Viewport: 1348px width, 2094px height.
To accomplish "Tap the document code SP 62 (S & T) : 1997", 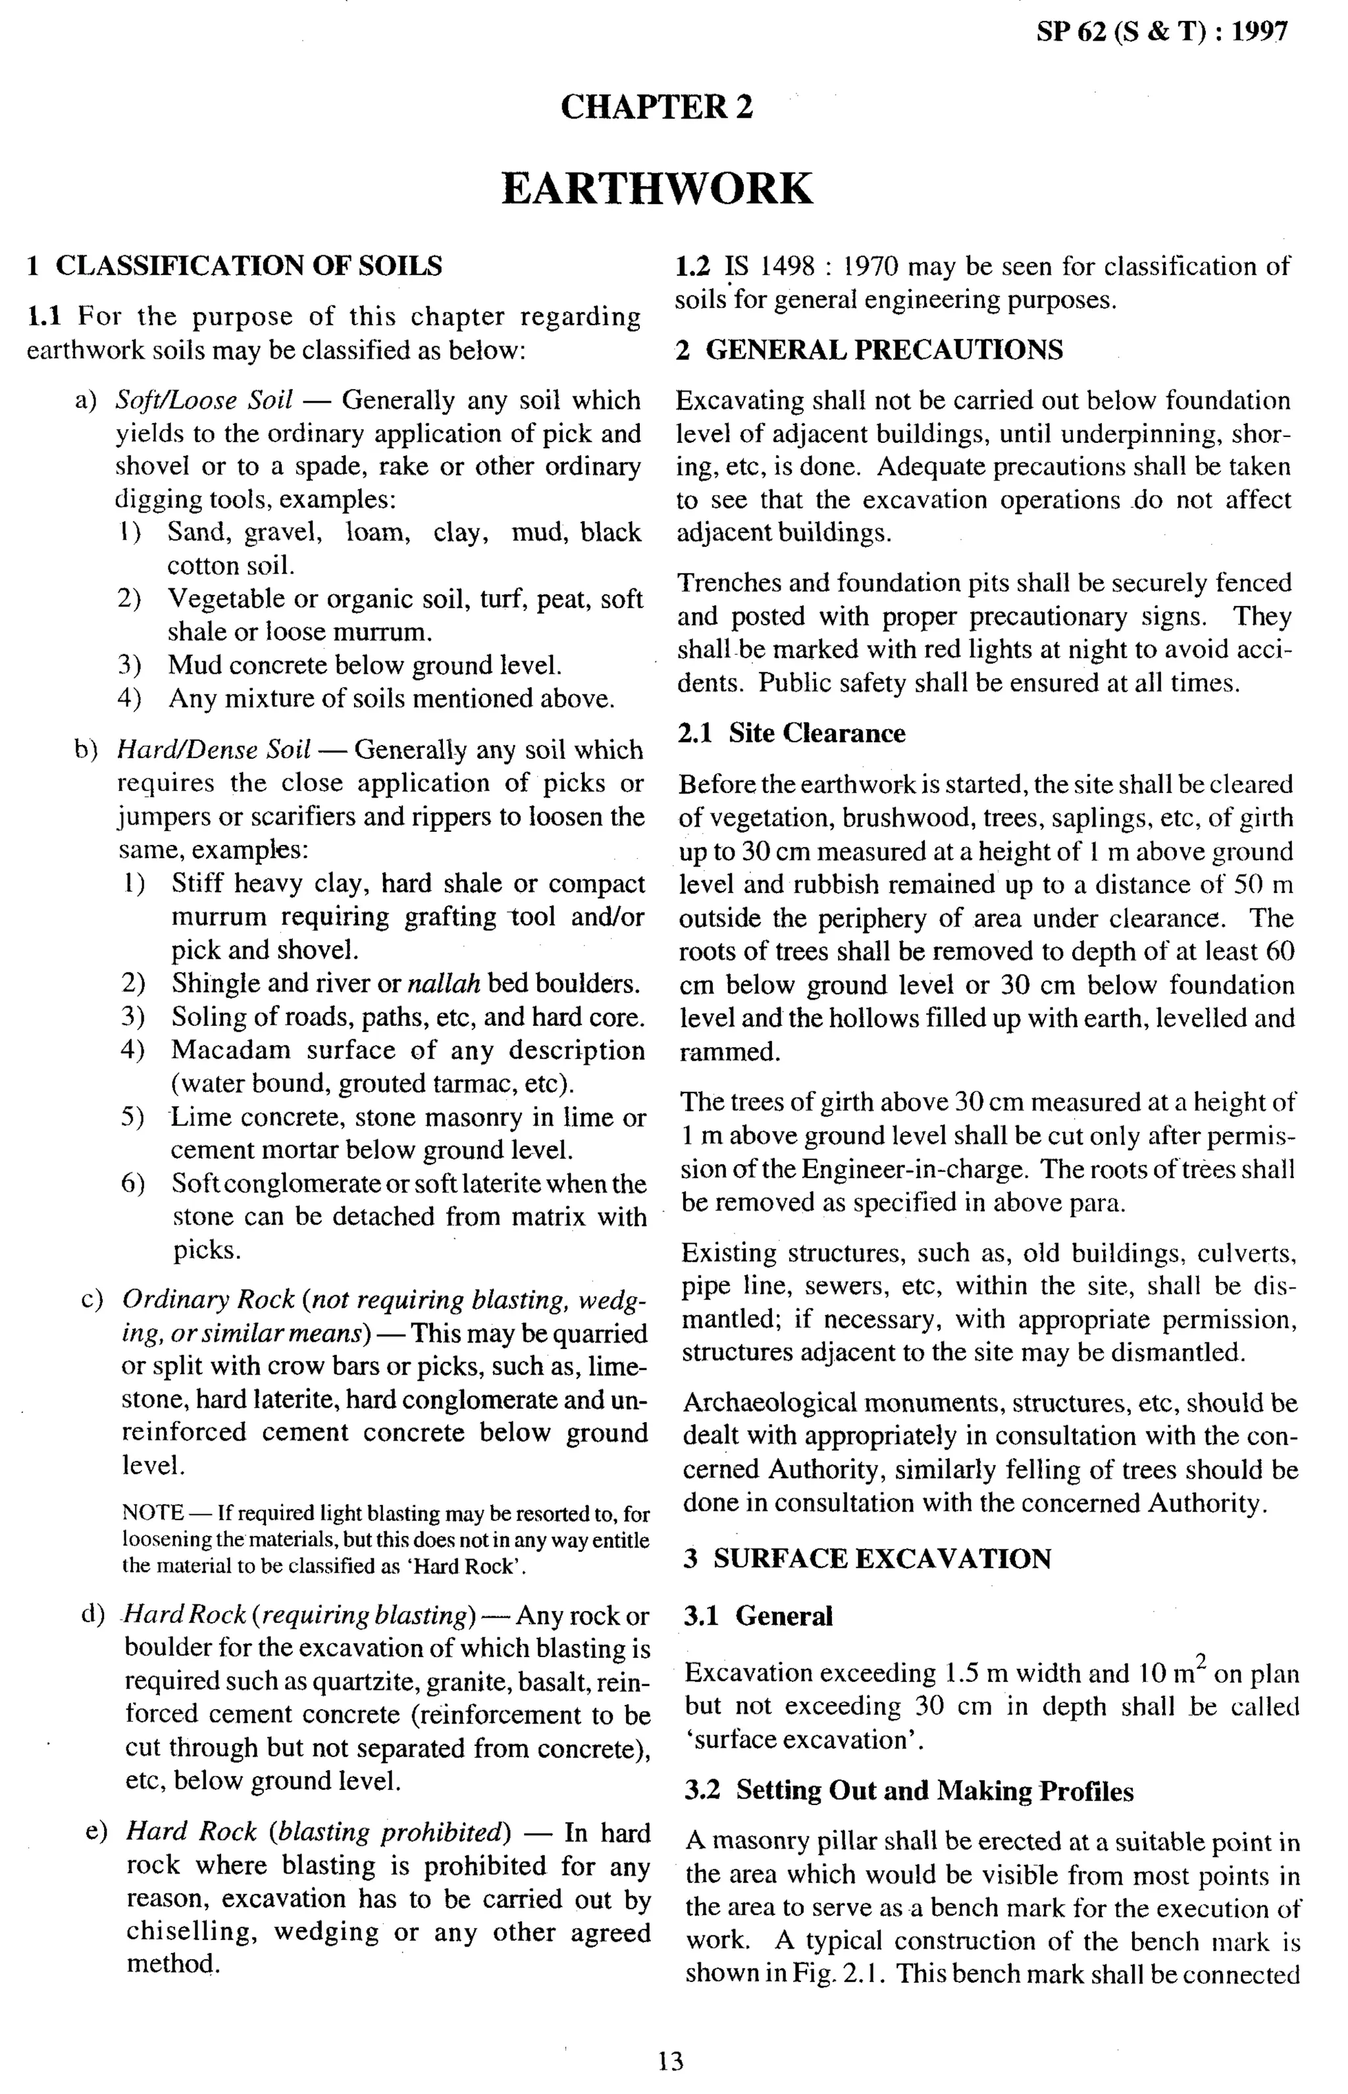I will pyautogui.click(x=1162, y=32).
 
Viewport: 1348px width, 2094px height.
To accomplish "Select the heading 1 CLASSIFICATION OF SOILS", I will pyautogui.click(x=234, y=265).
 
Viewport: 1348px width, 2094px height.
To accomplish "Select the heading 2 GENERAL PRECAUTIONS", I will pyautogui.click(x=870, y=350).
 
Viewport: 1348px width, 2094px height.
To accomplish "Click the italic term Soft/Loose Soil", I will pyautogui.click(x=204, y=400).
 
